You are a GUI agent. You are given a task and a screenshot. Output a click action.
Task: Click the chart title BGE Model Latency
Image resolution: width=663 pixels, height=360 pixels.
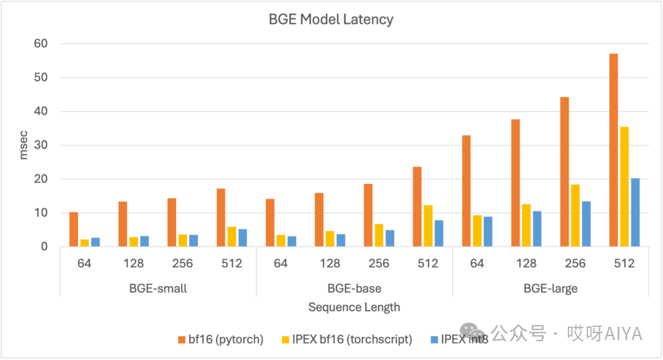click(x=331, y=20)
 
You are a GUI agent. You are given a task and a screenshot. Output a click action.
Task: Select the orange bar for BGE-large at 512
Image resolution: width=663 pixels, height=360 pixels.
click(x=613, y=151)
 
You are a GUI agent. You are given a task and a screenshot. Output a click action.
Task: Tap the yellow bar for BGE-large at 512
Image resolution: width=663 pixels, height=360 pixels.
click(x=624, y=187)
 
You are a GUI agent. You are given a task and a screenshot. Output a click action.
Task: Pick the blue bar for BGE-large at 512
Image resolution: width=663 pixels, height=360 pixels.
click(x=635, y=213)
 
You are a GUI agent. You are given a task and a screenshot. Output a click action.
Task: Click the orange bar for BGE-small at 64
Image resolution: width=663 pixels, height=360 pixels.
click(x=74, y=229)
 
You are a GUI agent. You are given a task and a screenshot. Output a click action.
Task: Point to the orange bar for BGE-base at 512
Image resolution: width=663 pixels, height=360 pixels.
click(x=417, y=206)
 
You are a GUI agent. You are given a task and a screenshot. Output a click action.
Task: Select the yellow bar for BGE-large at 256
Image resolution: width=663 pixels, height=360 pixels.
click(x=575, y=216)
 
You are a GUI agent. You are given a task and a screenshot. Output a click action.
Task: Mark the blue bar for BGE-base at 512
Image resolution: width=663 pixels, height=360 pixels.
click(x=439, y=233)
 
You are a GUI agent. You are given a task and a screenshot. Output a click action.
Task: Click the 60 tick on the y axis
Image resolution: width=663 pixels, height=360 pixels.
click(x=41, y=44)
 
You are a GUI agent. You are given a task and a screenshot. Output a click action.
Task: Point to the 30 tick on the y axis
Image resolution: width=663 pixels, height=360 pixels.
click(x=41, y=146)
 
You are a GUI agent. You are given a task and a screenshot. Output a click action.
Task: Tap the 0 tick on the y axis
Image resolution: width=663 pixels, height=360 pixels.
click(x=44, y=247)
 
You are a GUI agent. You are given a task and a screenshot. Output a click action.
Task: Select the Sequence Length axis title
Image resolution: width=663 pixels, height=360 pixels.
click(x=354, y=307)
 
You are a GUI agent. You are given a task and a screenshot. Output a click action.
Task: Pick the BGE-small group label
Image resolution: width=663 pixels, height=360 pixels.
click(x=158, y=289)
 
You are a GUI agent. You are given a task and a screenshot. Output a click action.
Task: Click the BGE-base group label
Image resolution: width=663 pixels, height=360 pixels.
click(x=354, y=289)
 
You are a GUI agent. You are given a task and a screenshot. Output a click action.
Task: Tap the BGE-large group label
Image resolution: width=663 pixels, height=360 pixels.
click(x=551, y=289)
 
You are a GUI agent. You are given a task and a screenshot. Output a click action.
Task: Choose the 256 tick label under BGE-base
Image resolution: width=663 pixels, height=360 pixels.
click(x=379, y=264)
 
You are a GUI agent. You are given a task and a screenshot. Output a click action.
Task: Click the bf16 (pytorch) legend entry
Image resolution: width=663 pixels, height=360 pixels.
click(x=220, y=338)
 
